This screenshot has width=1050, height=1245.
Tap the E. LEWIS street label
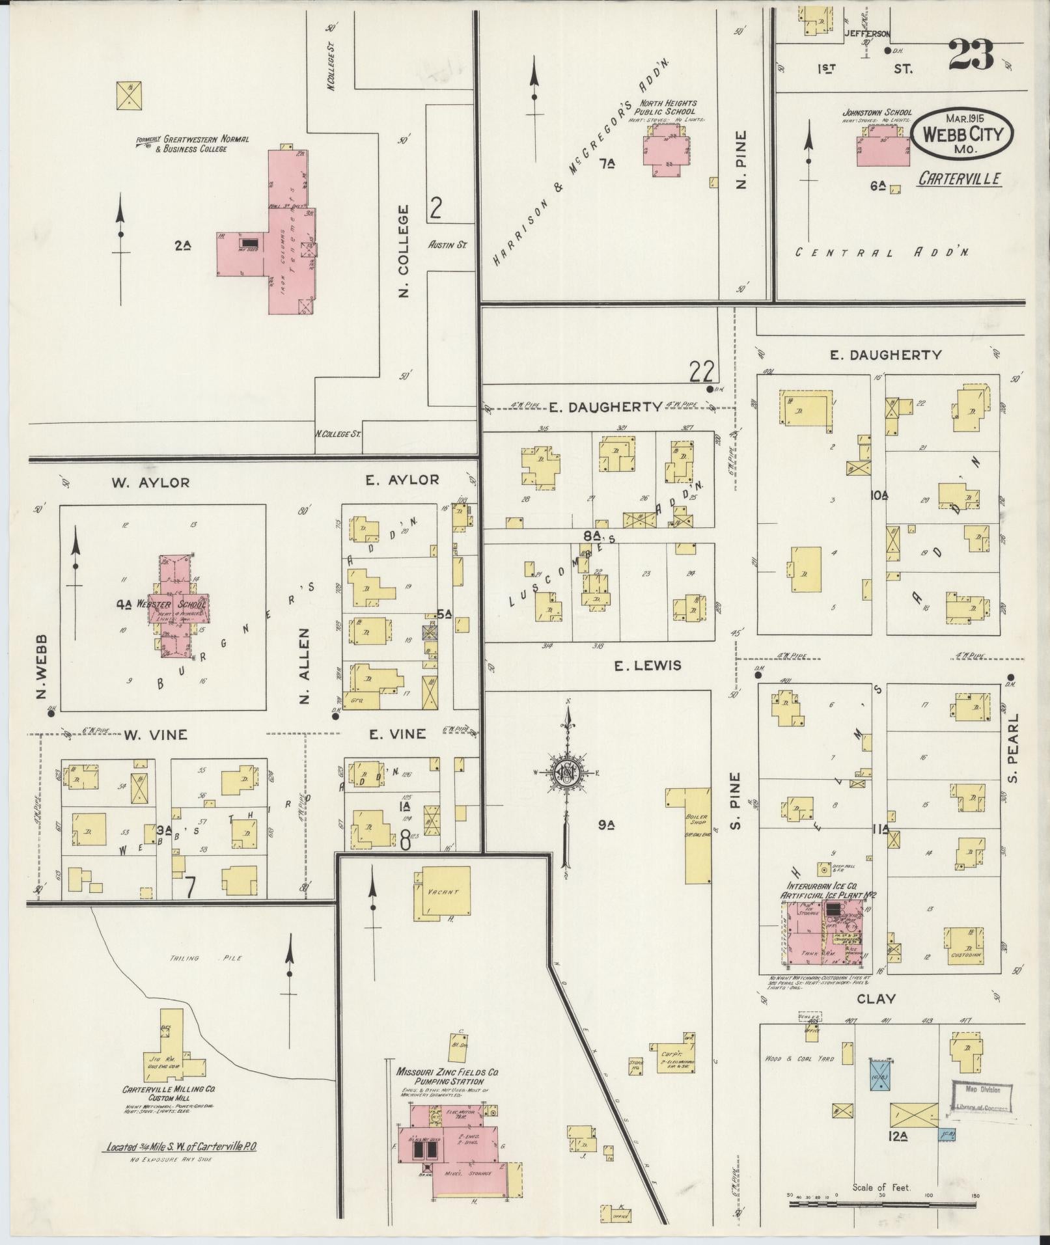pyautogui.click(x=647, y=665)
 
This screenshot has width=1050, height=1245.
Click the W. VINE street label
pyautogui.click(x=156, y=735)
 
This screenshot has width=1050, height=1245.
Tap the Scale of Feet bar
pyautogui.click(x=883, y=1204)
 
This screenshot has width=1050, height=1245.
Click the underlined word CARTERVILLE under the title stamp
pyautogui.click(x=960, y=179)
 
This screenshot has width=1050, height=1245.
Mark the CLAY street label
pyautogui.click(x=876, y=999)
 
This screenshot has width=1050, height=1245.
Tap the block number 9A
pyautogui.click(x=607, y=825)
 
